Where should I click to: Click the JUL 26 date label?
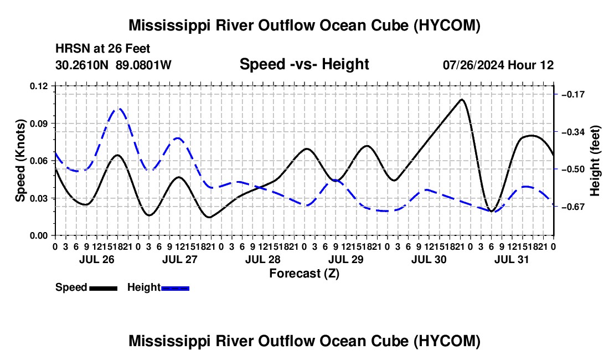coord(97,259)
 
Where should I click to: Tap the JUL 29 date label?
coord(345,259)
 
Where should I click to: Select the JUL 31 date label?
coord(512,259)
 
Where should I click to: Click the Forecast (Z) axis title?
coord(304,274)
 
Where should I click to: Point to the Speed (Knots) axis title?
coord(20,161)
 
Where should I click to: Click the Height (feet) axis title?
coord(595,161)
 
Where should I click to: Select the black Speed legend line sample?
coord(104,289)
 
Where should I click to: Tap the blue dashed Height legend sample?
coord(175,289)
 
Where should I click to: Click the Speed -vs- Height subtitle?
coord(304,64)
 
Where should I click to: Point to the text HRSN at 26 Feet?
coord(102,49)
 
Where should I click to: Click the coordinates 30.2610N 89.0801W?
coord(113,65)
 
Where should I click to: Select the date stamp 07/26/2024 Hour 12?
coord(498,65)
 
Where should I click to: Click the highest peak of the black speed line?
coord(461,100)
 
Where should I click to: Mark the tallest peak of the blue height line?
coord(118,109)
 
